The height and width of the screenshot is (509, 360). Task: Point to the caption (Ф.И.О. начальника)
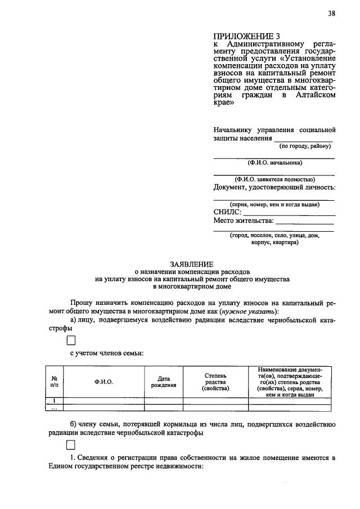coord(274,163)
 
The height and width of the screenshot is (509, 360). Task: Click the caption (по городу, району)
coord(305,146)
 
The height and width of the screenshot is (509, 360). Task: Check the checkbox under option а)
coord(71,340)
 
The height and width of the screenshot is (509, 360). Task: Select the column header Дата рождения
coord(164,382)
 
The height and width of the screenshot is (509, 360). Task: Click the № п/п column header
coord(55,382)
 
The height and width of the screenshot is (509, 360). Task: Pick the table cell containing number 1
coord(55,400)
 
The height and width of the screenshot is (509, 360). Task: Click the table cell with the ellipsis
coord(55,408)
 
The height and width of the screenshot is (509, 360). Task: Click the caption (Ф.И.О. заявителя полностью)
coord(274,180)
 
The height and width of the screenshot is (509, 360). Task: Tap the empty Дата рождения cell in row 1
coord(164,400)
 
